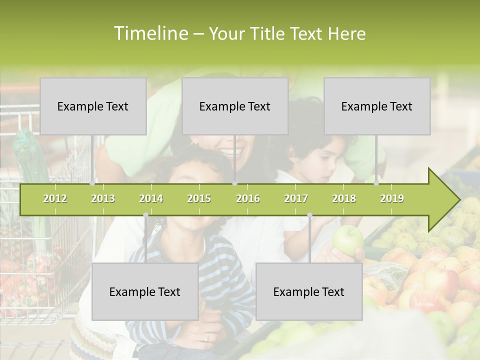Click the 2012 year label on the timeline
[55, 198]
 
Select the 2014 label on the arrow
[151, 198]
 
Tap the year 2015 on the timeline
[199, 198]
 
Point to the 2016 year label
[248, 198]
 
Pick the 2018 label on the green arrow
[344, 198]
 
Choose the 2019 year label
[392, 198]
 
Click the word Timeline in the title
[150, 33]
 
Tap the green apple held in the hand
[347, 239]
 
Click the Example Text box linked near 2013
[93, 106]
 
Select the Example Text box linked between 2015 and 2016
[235, 106]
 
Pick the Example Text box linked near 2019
[377, 106]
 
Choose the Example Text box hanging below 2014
[145, 291]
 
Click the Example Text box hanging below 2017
[309, 291]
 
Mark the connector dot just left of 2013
[92, 183]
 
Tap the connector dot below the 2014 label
[145, 215]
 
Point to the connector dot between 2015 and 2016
[234, 183]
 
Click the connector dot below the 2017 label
[309, 215]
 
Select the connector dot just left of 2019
[376, 183]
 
